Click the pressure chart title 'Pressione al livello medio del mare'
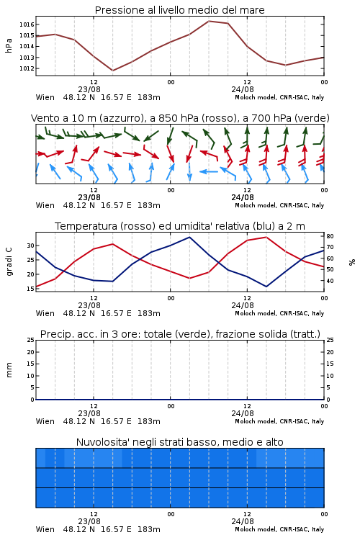click(x=179, y=10)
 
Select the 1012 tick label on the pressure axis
click(x=27, y=68)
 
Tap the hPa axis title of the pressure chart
click(x=9, y=45)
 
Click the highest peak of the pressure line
click(x=209, y=21)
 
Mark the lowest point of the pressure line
click(x=112, y=71)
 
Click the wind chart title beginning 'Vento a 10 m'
click(x=180, y=118)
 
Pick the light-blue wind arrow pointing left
click(x=209, y=171)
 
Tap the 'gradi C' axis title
click(x=9, y=262)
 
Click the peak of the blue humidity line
click(x=189, y=237)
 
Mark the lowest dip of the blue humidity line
click(x=266, y=287)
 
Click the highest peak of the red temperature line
click(x=266, y=237)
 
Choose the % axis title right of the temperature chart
click(x=352, y=262)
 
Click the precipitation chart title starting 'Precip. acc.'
click(x=180, y=334)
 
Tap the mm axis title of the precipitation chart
click(x=9, y=370)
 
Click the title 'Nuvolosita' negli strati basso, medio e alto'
click(x=179, y=442)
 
